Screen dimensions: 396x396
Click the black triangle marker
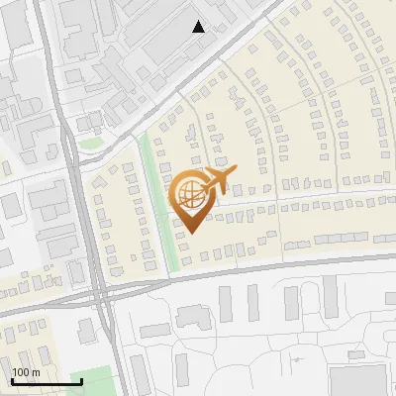click(198, 27)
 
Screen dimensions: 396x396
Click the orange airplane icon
click(220, 180)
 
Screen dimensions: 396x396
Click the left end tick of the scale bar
click(12, 380)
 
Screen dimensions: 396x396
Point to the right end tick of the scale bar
click(81, 380)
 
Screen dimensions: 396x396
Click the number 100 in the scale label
click(22, 372)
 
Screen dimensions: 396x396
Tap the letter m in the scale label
click(35, 372)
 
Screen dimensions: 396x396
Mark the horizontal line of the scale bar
click(47, 382)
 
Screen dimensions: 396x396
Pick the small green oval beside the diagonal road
click(91, 144)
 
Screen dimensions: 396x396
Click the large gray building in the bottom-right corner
click(358, 381)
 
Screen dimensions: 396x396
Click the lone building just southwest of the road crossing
click(86, 328)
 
